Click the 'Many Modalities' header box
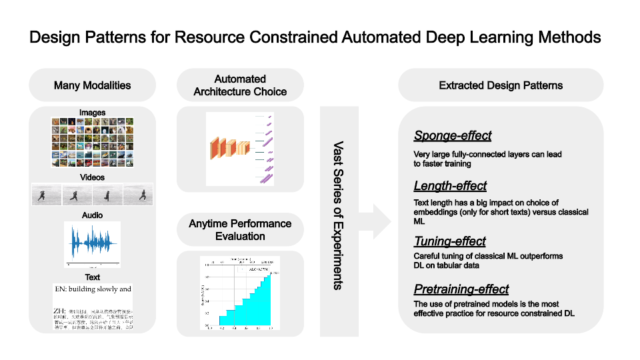pos(92,85)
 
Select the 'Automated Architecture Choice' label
pos(240,85)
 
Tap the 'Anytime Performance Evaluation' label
pos(240,230)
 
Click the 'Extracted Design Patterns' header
pos(501,85)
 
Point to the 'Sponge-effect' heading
pos(453,136)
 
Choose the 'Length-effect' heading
pos(450,185)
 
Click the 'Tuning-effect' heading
pos(449,241)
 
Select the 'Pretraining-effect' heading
pos(461,289)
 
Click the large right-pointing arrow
pos(377,217)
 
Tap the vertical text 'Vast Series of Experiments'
pos(339,214)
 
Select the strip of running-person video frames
pos(92,194)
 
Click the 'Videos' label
pos(92,177)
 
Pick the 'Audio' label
pos(92,215)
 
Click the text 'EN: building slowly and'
pos(92,289)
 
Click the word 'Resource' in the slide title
pos(205,37)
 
